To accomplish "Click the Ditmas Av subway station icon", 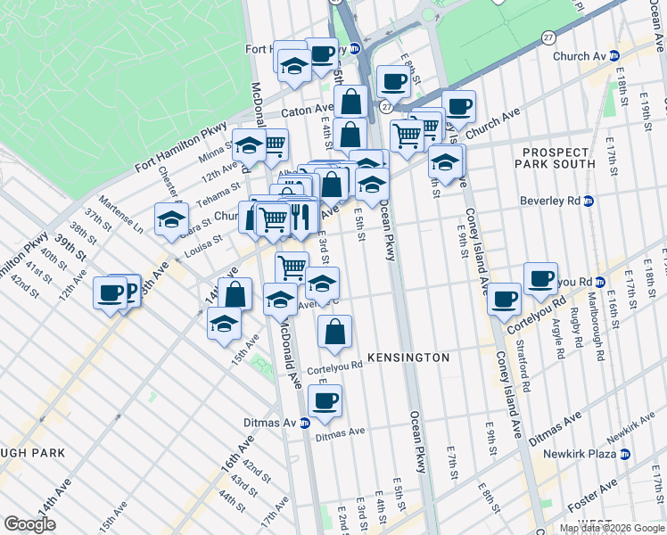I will click(x=304, y=423).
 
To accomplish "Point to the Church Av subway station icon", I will click(x=614, y=56).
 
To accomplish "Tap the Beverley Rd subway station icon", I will click(x=588, y=201).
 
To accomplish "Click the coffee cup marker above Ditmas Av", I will click(x=325, y=402).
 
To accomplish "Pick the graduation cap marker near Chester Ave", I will click(x=171, y=220).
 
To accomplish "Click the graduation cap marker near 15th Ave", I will click(x=224, y=324).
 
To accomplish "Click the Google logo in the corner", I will click(x=29, y=524).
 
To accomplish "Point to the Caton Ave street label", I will click(x=308, y=112).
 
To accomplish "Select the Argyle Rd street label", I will click(x=559, y=341).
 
